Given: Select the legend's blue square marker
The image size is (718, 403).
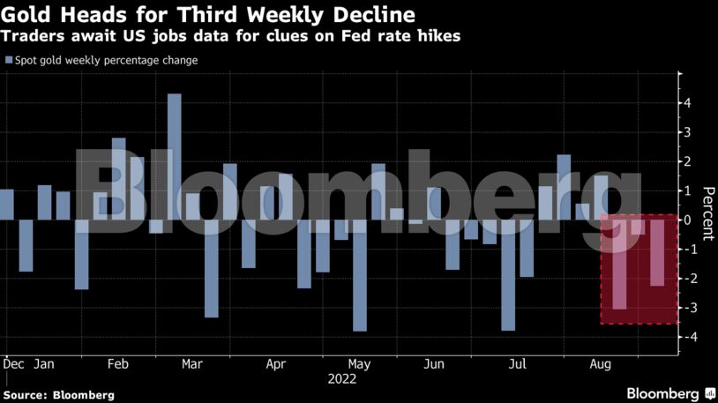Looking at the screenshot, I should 8,61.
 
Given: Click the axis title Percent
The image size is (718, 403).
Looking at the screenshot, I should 707,213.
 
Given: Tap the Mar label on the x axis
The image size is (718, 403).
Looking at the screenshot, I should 193,363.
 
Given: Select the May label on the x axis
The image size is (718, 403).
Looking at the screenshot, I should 359,363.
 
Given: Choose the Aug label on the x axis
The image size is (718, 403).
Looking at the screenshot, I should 601,363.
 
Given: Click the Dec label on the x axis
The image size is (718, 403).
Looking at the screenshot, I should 14,363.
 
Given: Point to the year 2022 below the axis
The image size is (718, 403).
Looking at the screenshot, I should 341,379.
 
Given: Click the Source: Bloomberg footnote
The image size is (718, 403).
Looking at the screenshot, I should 59,395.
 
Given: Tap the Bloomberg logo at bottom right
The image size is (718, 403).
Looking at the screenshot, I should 663,393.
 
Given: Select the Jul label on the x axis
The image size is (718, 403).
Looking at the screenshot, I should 519,363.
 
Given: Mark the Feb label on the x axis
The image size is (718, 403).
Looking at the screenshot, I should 118,363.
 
